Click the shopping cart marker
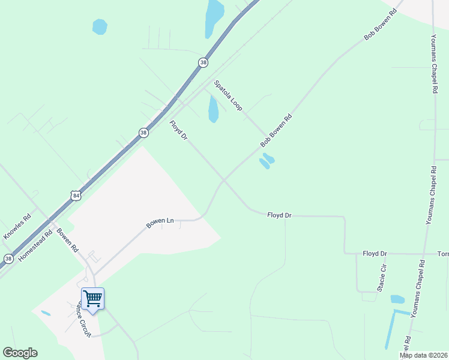92,298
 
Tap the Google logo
20,353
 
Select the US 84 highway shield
75,196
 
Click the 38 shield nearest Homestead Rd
8,259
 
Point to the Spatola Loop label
228,95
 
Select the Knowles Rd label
17,227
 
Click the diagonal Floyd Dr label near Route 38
179,131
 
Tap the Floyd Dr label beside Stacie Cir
375,254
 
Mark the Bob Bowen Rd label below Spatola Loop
276,131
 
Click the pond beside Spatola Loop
213,109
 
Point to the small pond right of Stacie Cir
397,299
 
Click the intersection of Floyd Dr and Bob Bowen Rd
223,179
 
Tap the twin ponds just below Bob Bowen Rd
267,161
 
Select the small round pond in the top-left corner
100,26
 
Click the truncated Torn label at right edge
443,254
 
